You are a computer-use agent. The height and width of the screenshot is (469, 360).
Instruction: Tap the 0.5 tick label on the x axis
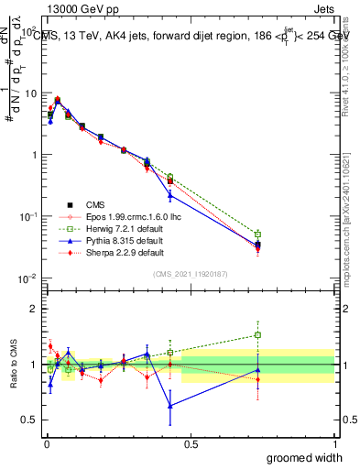(190, 443)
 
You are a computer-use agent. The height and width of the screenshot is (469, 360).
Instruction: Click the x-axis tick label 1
(333, 443)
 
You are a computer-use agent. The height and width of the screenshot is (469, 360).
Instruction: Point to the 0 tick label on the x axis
(46, 443)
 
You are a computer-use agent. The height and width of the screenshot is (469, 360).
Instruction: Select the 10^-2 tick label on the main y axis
(27, 278)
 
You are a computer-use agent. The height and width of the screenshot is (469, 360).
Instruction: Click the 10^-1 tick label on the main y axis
(27, 216)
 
